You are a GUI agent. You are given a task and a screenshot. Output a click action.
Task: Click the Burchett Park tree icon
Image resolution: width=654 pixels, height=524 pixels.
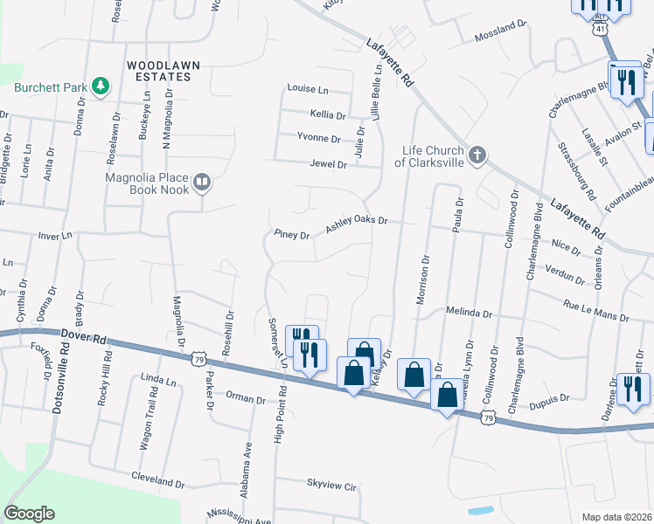[x=101, y=86]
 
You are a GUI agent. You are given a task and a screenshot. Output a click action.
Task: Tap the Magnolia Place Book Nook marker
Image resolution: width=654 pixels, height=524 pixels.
[x=203, y=182]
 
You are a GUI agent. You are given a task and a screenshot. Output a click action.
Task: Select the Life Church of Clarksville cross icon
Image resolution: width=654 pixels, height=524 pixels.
[x=477, y=155]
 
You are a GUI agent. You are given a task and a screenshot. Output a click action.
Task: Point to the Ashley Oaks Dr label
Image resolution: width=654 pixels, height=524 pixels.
[x=357, y=224]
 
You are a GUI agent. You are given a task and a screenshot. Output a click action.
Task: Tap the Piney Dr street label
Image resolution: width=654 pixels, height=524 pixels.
[x=292, y=235]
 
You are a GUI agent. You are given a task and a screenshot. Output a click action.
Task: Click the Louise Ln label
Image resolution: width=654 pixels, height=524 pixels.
[x=308, y=89]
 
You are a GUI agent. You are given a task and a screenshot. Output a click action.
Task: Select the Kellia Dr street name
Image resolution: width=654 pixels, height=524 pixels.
[x=328, y=114]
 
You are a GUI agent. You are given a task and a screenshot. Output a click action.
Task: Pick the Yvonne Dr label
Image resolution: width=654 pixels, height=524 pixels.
[x=318, y=138]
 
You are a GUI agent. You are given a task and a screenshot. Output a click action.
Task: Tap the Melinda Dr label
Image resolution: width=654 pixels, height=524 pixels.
[x=470, y=312]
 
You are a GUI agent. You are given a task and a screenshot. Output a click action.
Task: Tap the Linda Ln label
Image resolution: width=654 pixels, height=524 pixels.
[x=158, y=378]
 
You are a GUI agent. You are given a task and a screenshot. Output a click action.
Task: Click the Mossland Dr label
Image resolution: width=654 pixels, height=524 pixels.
[x=502, y=38]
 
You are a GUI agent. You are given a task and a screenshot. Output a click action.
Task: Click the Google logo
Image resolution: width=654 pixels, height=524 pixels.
[x=29, y=514]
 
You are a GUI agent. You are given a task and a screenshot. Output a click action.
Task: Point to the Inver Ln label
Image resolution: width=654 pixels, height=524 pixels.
[x=53, y=236]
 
